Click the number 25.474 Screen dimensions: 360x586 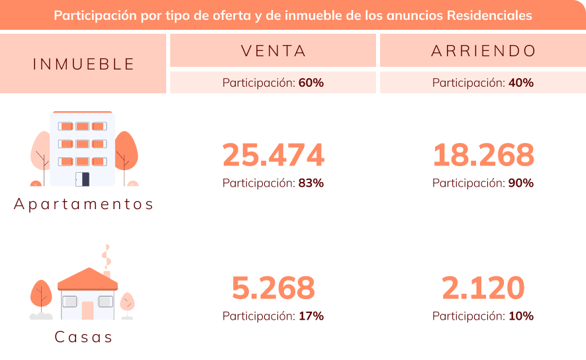[273, 155]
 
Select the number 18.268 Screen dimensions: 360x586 [483, 155]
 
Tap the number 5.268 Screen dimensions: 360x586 [273, 288]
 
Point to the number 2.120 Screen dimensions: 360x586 [483, 288]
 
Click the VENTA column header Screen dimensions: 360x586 [273, 51]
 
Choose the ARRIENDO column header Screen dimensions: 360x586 [483, 51]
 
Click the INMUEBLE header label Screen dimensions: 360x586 [83, 64]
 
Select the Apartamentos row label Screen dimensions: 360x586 [83, 204]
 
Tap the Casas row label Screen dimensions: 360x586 [83, 337]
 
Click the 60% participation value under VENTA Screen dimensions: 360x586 [311, 83]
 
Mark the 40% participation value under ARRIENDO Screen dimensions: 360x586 [520, 83]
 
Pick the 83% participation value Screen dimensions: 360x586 [311, 183]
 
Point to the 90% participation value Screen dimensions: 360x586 [520, 183]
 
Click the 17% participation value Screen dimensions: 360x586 [311, 316]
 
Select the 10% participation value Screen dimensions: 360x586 [520, 316]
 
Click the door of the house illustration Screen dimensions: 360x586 [87, 310]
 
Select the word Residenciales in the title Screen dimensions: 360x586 [491, 15]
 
